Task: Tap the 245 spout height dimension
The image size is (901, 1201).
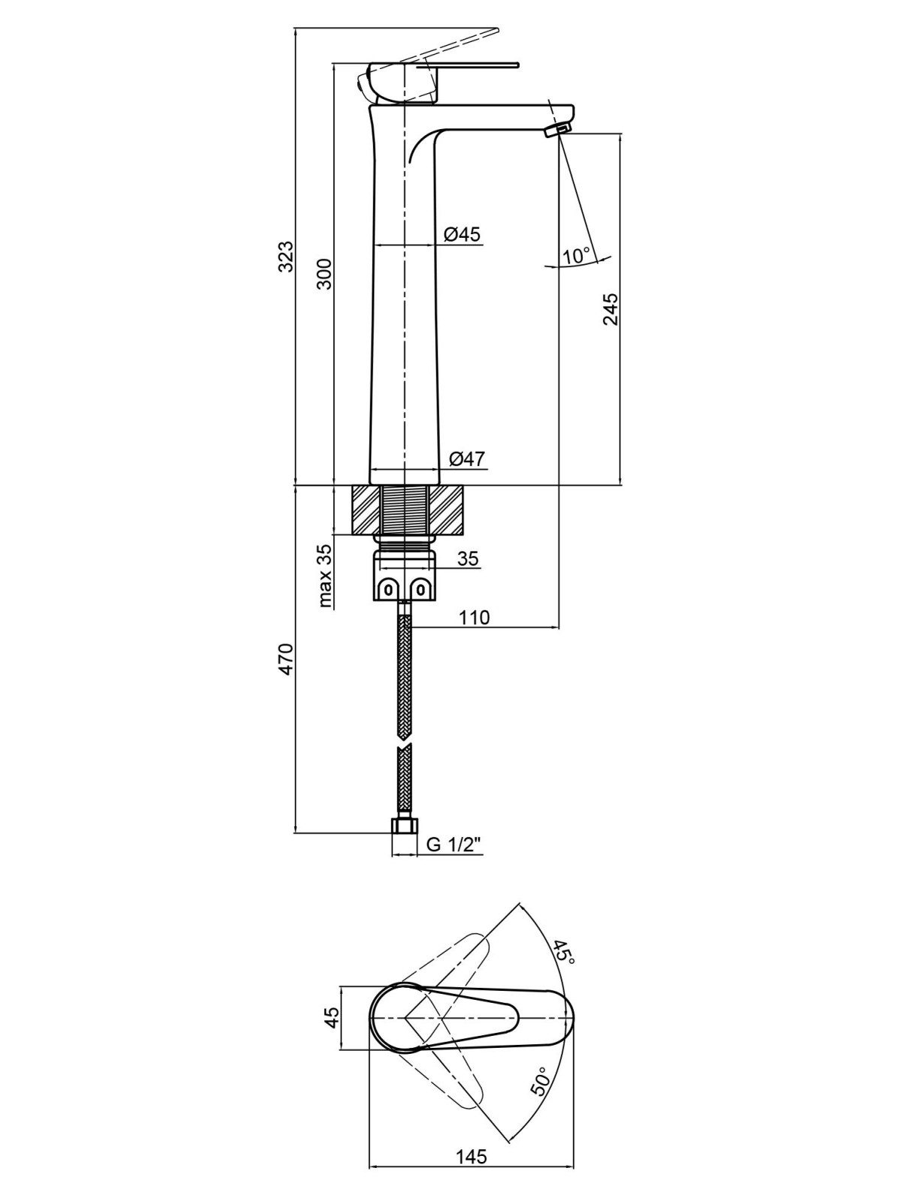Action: click(610, 310)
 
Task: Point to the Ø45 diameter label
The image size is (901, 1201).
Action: click(462, 235)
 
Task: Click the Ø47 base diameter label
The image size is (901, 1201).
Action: click(466, 459)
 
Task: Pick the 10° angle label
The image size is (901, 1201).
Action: click(577, 255)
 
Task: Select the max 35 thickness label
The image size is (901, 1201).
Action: click(325, 576)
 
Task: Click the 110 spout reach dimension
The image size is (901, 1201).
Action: click(474, 618)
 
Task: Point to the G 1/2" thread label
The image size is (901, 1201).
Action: click(454, 845)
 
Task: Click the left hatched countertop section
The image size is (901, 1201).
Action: click(366, 510)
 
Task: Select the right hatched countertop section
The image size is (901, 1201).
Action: click(447, 510)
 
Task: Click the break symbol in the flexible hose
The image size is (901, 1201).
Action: click(404, 745)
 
